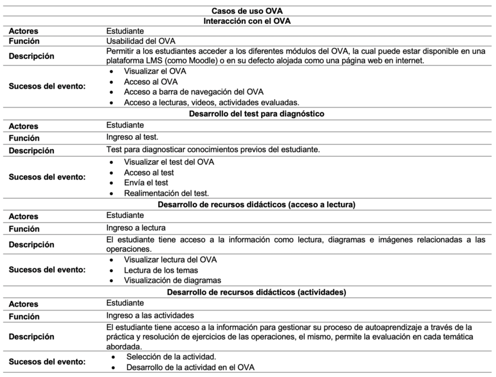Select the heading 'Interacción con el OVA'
[x=247, y=20]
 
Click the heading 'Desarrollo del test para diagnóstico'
[x=247, y=114]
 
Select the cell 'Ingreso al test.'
[x=132, y=137]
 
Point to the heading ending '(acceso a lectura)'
[x=247, y=204]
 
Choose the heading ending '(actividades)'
[x=247, y=292]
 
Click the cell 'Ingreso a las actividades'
[x=149, y=315]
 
